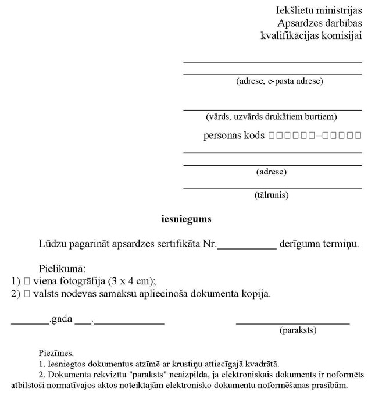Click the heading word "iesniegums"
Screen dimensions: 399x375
(186, 220)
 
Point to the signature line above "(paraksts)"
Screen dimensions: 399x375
(293, 322)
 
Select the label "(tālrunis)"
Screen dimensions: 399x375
(272, 195)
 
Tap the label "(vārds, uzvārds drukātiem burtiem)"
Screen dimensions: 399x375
(272, 117)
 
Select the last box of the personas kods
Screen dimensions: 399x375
(358, 136)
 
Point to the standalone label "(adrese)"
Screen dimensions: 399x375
(272, 172)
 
